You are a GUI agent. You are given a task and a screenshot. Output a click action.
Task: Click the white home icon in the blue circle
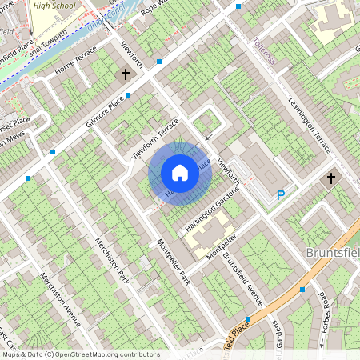click(180, 172)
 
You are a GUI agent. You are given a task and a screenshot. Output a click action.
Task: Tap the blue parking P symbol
click(281, 194)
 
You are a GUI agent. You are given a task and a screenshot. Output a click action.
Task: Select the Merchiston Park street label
click(111, 261)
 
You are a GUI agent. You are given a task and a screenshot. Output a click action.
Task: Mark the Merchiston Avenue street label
click(62, 299)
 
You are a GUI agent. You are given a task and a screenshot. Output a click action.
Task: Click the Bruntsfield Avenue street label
click(243, 279)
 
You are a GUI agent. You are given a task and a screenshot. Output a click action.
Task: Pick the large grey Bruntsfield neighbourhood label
click(332, 252)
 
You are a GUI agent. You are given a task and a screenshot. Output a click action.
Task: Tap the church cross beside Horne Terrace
click(125, 74)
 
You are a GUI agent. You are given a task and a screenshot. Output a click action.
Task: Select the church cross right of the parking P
click(331, 179)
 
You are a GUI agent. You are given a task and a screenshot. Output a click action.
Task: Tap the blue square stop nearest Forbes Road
click(302, 290)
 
